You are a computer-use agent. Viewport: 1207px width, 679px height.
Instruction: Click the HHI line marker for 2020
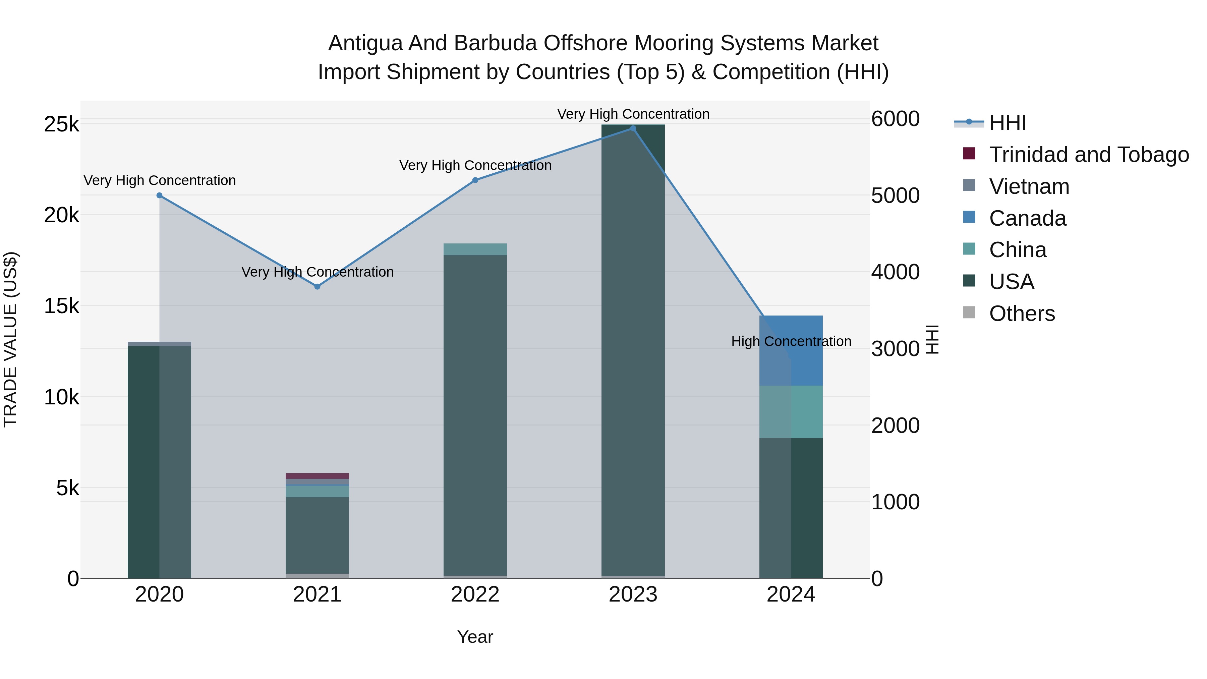point(159,195)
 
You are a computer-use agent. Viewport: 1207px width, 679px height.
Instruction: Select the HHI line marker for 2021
point(317,286)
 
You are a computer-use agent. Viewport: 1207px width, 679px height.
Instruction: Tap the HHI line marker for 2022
point(475,180)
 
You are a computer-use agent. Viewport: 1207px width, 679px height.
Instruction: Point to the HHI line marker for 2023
point(633,128)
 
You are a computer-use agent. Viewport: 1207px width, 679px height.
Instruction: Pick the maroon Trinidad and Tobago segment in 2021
point(317,476)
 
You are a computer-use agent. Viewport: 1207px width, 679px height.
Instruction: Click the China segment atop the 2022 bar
point(475,249)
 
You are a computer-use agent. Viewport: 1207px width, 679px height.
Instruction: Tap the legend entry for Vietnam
point(1029,186)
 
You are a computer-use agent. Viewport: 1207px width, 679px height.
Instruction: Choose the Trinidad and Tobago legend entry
point(1088,155)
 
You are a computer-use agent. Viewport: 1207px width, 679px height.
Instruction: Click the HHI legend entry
point(1008,123)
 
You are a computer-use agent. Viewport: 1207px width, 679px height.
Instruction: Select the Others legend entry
point(1022,314)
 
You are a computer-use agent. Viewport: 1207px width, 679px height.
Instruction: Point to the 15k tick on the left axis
point(61,306)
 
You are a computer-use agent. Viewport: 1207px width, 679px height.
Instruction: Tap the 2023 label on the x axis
point(633,595)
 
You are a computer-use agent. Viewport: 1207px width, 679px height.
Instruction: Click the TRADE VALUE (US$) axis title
point(10,339)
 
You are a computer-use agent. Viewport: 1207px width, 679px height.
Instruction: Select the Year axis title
point(475,637)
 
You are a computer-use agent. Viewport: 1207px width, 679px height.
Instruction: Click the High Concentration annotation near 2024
point(791,342)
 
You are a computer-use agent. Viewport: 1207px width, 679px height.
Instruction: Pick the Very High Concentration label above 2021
point(317,272)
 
